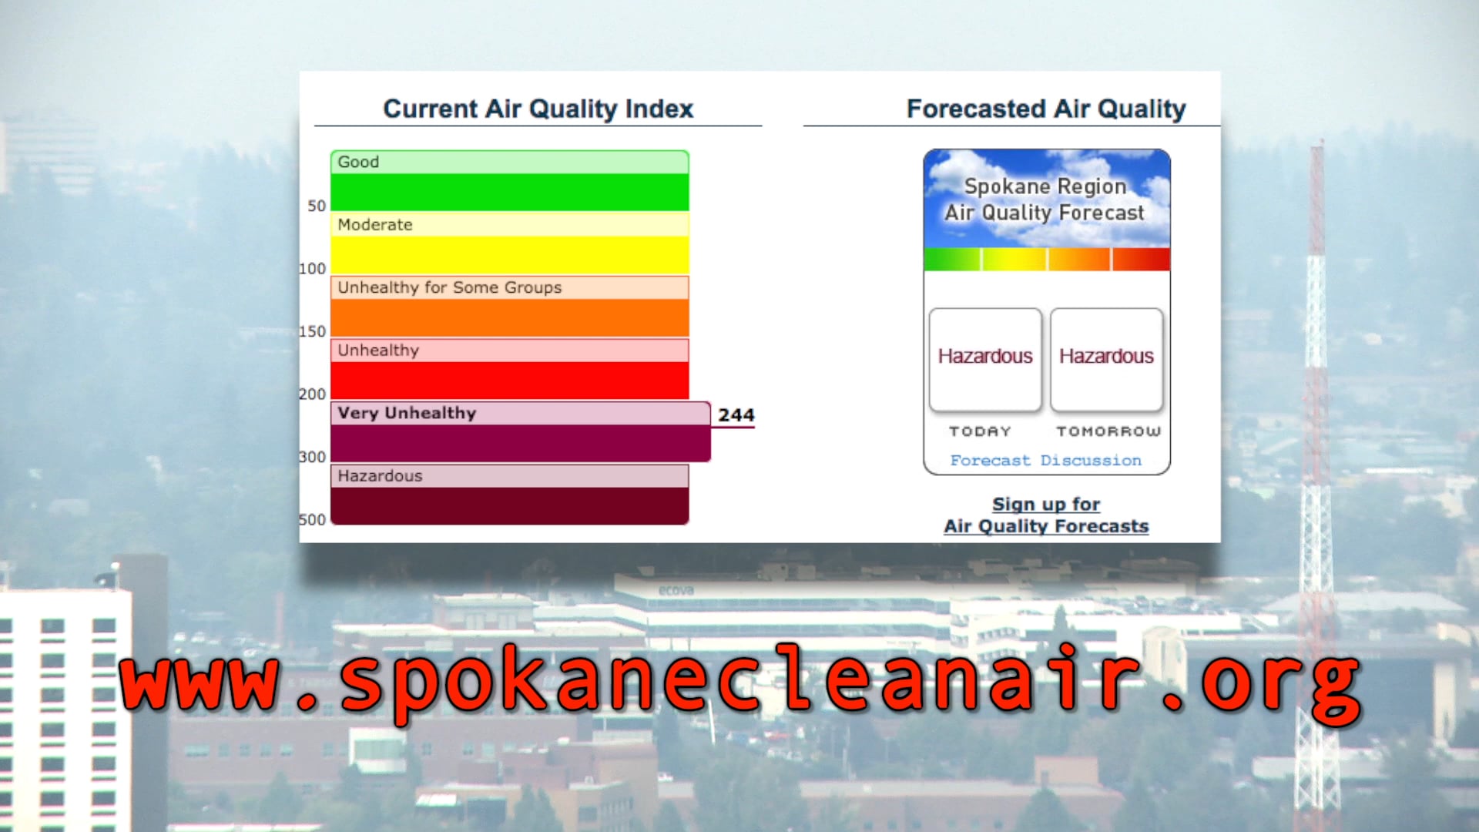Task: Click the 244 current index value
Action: (736, 415)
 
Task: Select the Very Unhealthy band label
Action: (407, 413)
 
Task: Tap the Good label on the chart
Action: (358, 163)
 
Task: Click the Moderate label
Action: (375, 225)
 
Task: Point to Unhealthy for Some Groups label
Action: (449, 287)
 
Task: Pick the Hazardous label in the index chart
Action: (380, 476)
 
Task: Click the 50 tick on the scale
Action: (317, 206)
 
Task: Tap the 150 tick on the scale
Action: (312, 332)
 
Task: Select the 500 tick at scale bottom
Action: (312, 520)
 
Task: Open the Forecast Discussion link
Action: (1045, 461)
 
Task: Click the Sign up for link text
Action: (1045, 505)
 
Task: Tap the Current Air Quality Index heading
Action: (538, 109)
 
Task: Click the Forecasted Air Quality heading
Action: (1045, 109)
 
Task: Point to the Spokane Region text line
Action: (1045, 186)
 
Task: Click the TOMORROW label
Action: (1108, 431)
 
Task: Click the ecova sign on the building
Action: (676, 591)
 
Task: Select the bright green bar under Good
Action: (509, 192)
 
